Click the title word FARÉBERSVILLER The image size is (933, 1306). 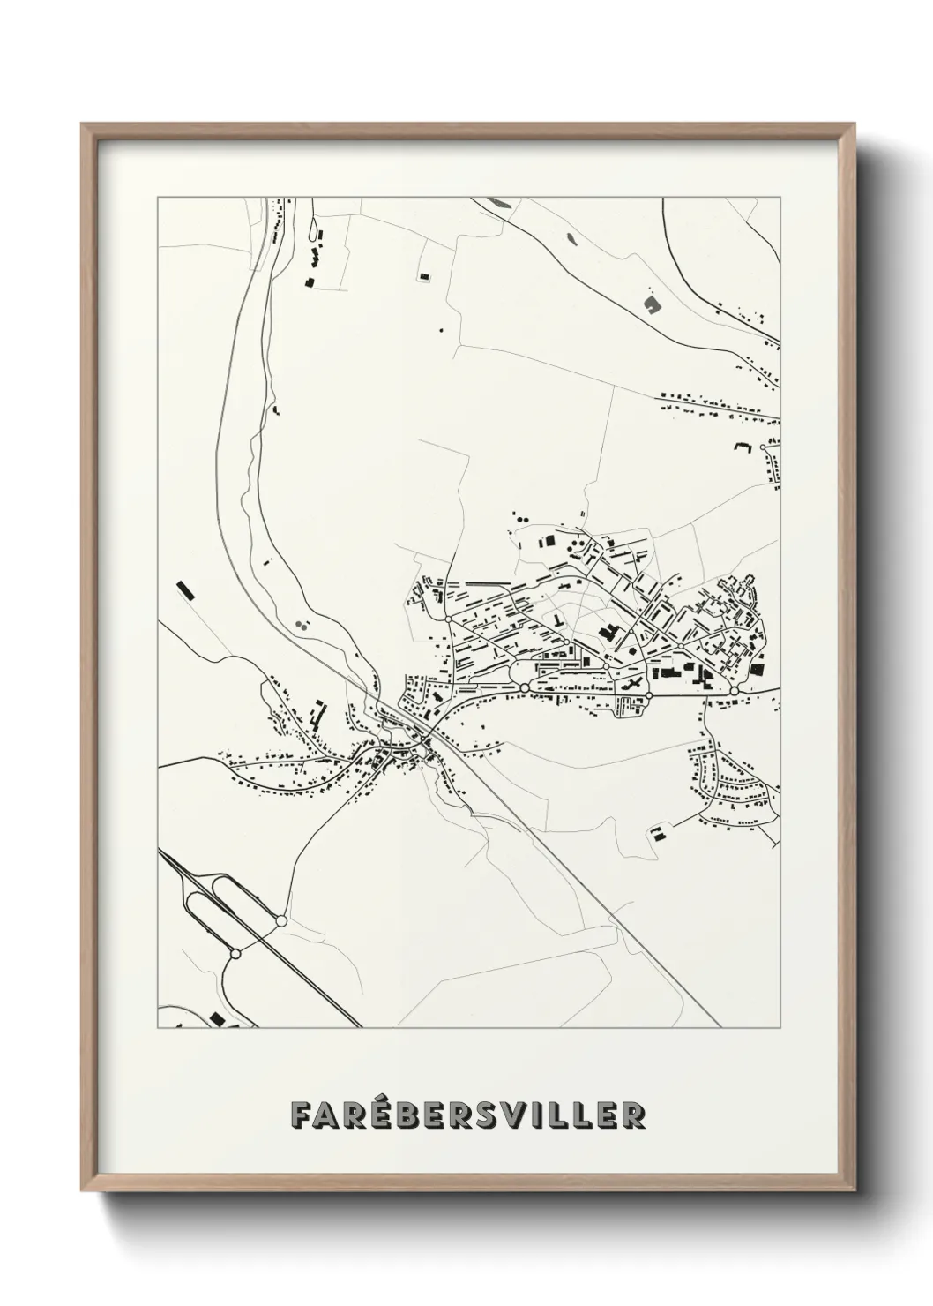(x=467, y=1115)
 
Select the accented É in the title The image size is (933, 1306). (x=369, y=1114)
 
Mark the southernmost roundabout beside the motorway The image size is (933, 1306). (x=235, y=954)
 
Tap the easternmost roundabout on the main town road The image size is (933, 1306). (x=734, y=690)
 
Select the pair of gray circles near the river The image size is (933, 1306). (x=302, y=624)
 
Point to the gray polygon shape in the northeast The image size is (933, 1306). (x=652, y=305)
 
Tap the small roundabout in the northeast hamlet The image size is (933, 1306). (x=763, y=448)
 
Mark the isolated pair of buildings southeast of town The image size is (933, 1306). (x=658, y=833)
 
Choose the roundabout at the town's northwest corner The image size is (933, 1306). (x=449, y=620)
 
